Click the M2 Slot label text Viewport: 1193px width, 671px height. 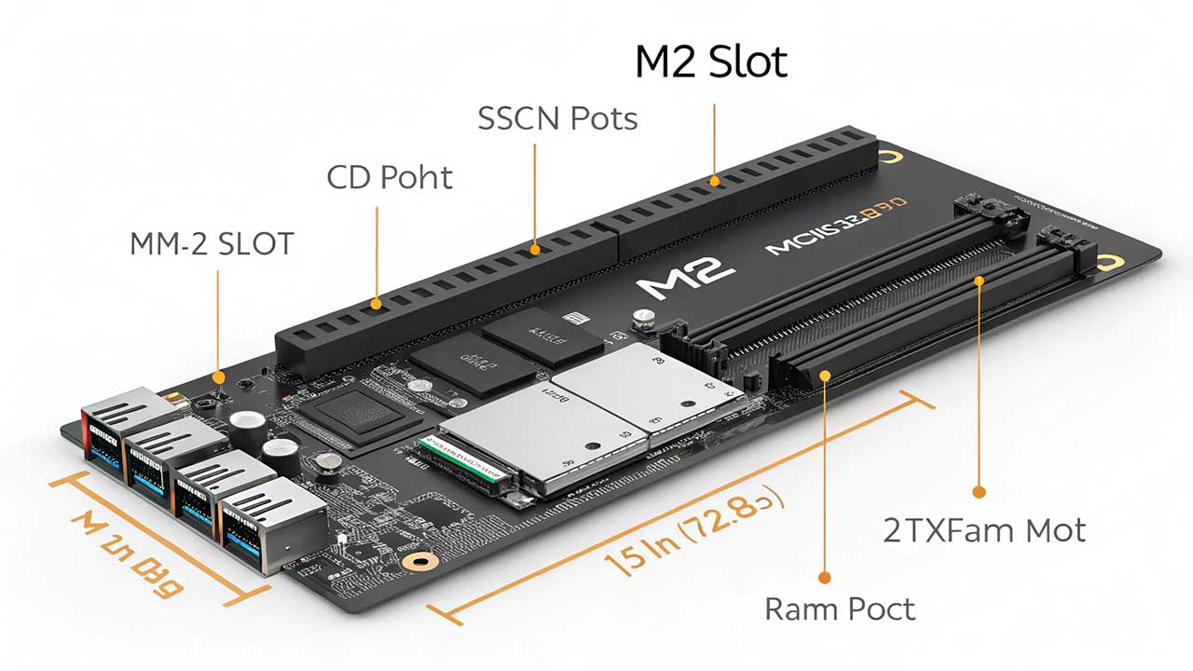[x=711, y=62]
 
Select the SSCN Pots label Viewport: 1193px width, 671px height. [x=557, y=119]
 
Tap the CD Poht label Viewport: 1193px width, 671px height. [x=390, y=177]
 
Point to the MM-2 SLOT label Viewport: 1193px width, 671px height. [x=212, y=244]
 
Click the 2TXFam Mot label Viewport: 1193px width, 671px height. [x=984, y=531]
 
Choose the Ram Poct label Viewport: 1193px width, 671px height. [x=840, y=609]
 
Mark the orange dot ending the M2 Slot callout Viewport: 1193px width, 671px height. [x=715, y=181]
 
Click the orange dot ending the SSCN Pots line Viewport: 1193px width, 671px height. [x=535, y=249]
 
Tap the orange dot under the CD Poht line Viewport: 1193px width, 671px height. [x=377, y=303]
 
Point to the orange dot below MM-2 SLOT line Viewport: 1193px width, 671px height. [x=218, y=377]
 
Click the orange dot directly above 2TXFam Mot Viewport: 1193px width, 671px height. [x=979, y=491]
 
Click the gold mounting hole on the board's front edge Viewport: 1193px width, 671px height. [x=427, y=562]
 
